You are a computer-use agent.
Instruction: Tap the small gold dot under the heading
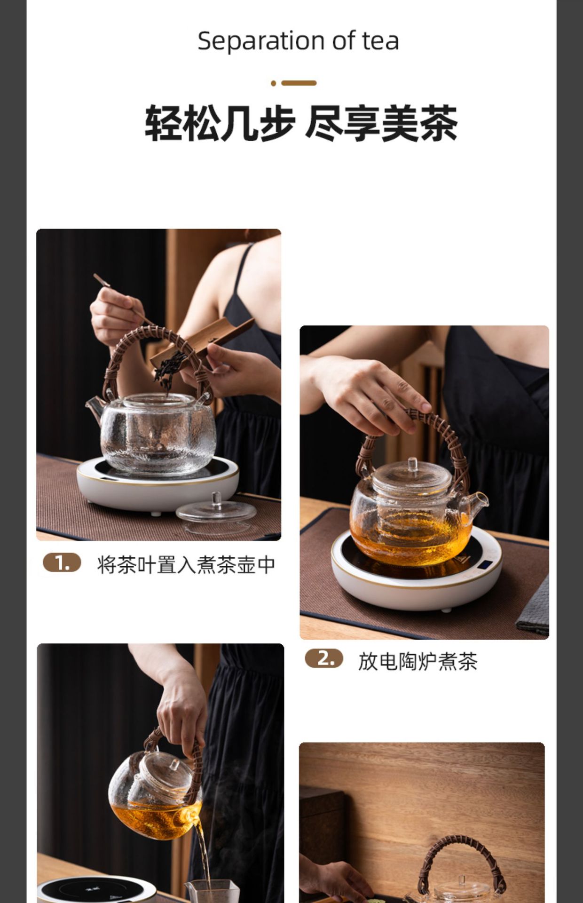click(x=273, y=83)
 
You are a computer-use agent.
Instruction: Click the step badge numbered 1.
click(x=62, y=563)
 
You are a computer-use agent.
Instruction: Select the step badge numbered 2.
click(x=324, y=658)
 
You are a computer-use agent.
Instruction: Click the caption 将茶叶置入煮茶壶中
click(x=186, y=564)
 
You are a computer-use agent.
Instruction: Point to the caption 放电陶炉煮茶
click(x=418, y=661)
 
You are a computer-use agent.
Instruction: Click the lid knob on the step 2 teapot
click(x=412, y=464)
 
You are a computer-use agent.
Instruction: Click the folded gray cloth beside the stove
click(x=534, y=607)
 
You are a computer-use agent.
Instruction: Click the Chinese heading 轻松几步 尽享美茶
click(x=301, y=124)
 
